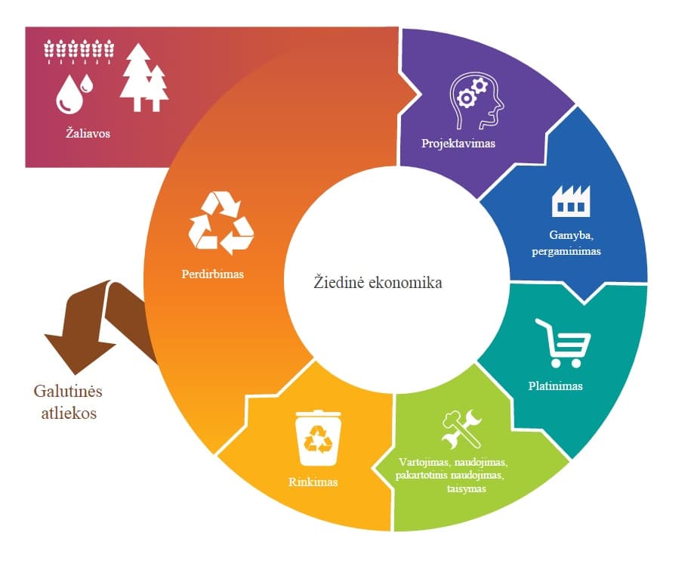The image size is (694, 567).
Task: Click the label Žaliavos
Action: tap(88, 133)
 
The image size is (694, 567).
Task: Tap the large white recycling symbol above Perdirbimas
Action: tap(221, 223)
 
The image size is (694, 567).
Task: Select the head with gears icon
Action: tap(477, 101)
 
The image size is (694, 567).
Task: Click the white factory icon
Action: tap(571, 201)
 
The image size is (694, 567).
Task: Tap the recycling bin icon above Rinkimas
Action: tap(318, 438)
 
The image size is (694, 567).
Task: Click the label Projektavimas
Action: tap(458, 144)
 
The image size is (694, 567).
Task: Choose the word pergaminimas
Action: tap(566, 252)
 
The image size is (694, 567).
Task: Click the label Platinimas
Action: tap(556, 386)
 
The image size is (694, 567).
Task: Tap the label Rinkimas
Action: tap(313, 482)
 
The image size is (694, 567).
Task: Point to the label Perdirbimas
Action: tap(212, 274)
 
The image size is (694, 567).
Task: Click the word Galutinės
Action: tap(68, 392)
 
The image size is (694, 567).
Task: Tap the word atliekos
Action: tap(69, 414)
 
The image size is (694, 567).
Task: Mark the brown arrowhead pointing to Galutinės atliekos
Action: tap(79, 353)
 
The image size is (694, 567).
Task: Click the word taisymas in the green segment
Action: tap(467, 489)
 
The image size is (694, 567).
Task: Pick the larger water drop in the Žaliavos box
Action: tap(69, 94)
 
